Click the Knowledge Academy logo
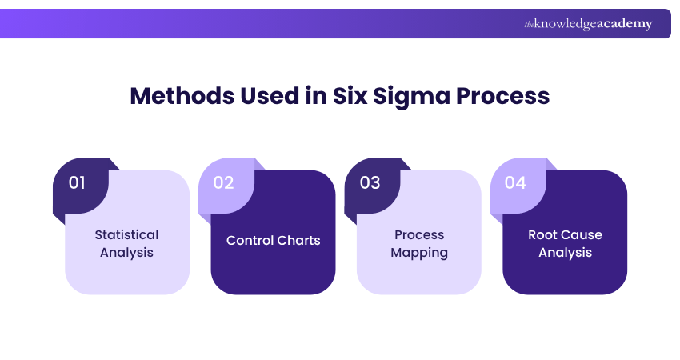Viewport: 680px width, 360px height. (588, 24)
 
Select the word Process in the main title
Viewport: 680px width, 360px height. (502, 96)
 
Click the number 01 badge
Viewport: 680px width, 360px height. (77, 183)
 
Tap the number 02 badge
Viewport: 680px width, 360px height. (223, 183)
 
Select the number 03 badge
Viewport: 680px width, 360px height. (370, 183)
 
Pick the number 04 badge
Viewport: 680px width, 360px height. (515, 183)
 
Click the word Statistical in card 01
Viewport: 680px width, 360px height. (126, 235)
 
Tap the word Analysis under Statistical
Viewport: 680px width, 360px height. (126, 253)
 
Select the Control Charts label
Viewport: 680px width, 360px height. (273, 241)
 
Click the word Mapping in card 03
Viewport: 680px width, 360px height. (419, 253)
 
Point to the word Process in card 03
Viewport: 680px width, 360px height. (419, 235)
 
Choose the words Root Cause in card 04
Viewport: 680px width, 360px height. (565, 235)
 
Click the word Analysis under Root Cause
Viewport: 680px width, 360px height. (565, 253)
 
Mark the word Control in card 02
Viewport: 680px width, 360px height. (250, 241)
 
